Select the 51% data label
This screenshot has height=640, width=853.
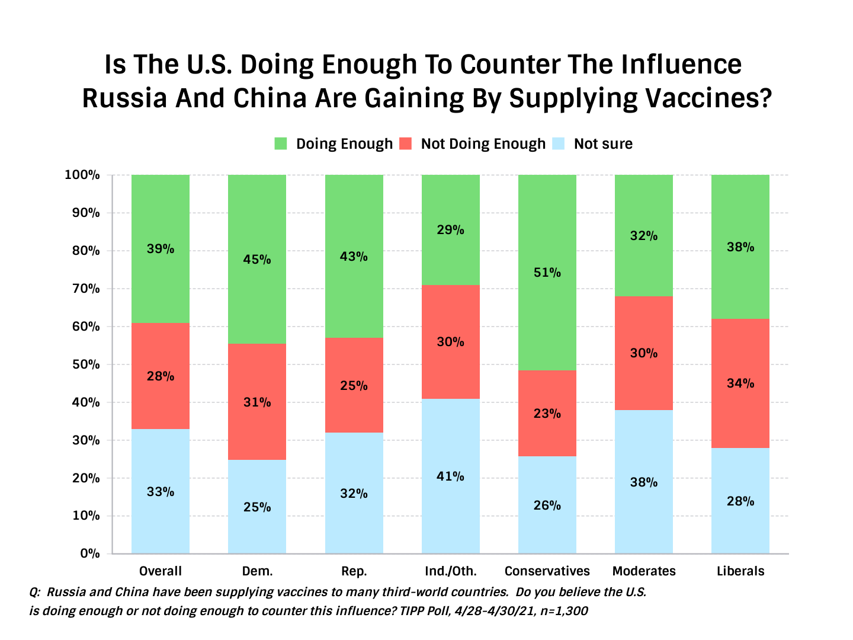(x=547, y=273)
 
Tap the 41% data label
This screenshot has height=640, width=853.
(x=450, y=476)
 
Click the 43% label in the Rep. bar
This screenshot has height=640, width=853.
(x=354, y=257)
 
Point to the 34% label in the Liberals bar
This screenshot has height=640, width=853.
(x=740, y=383)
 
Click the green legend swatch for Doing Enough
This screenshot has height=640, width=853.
(x=281, y=143)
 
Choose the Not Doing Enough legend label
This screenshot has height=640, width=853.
(x=483, y=144)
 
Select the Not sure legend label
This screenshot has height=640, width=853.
(x=603, y=144)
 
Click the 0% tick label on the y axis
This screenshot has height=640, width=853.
(x=89, y=553)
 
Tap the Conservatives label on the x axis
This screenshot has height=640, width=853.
(x=547, y=571)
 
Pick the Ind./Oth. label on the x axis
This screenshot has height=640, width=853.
(x=450, y=571)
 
